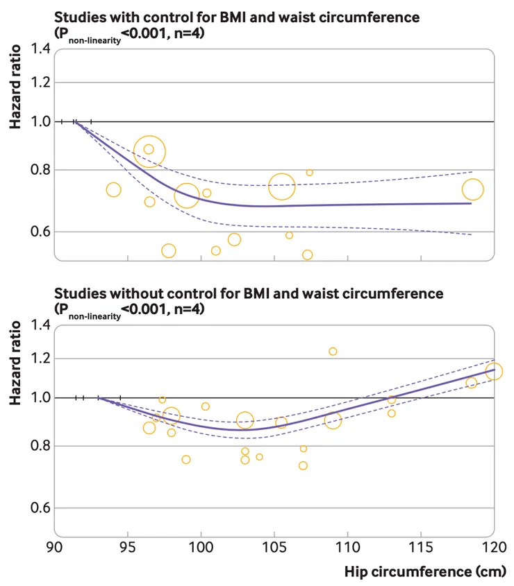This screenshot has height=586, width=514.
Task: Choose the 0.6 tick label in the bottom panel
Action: tap(41, 508)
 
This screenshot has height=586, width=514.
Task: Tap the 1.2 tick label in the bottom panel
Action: tap(41, 359)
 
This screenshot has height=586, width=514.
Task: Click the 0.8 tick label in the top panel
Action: tap(41, 170)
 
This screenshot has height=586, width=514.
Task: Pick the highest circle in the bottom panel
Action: tap(333, 352)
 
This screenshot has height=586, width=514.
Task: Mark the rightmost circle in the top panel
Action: tap(472, 189)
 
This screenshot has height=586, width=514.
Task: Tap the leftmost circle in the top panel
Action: tap(114, 189)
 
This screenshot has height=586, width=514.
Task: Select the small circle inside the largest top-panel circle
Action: tap(149, 149)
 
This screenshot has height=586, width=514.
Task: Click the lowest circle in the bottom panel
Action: tap(303, 465)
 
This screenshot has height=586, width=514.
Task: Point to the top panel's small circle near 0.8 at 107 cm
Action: tap(310, 173)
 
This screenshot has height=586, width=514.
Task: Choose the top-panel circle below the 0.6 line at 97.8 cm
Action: tap(168, 250)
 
